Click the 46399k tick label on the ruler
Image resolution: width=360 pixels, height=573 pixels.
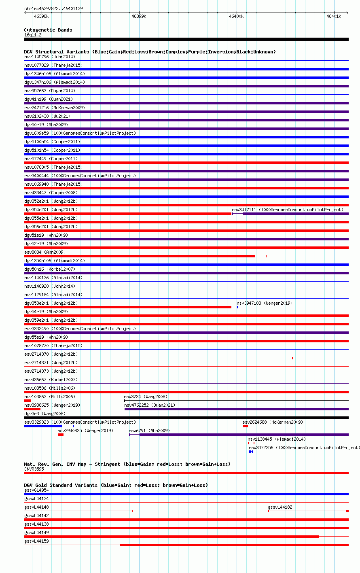(139, 16)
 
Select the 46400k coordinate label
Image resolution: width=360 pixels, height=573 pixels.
(236, 16)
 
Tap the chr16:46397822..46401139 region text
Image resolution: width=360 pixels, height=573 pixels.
(53, 8)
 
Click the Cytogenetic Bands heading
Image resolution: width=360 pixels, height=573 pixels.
(48, 30)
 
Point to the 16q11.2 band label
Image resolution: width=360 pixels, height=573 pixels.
(33, 35)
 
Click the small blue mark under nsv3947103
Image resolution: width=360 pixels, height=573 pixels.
(237, 307)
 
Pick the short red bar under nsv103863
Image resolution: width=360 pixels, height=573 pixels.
(28, 401)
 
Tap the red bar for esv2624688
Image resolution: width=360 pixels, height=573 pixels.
(245, 426)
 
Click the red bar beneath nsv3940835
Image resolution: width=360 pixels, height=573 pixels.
(61, 435)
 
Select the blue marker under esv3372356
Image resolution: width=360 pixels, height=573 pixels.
(251, 452)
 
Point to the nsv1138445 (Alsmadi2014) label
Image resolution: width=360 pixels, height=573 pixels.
(277, 439)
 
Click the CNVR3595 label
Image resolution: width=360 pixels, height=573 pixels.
(34, 469)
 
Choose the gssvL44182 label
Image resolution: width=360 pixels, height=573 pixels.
(280, 507)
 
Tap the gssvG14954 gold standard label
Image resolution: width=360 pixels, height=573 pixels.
(36, 490)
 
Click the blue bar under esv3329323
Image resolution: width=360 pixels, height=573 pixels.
(43, 426)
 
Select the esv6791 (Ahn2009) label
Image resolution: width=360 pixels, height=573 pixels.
(149, 431)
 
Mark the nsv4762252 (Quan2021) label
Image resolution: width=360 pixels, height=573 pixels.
(150, 405)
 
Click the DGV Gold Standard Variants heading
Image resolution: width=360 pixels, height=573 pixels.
(116, 485)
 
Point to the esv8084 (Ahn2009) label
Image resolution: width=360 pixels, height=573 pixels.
(45, 252)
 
